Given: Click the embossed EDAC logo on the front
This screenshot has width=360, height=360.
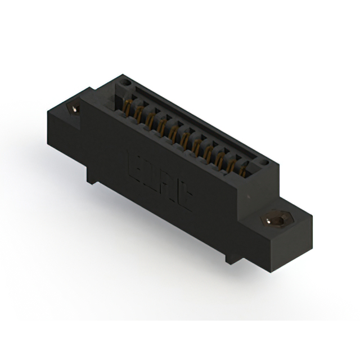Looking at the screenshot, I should click(160, 183).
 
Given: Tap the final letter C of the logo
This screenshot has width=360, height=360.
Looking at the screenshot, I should click(186, 202).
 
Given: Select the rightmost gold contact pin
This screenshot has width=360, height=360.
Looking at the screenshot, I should click(244, 169).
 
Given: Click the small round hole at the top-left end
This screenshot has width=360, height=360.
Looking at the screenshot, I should click(126, 84).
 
